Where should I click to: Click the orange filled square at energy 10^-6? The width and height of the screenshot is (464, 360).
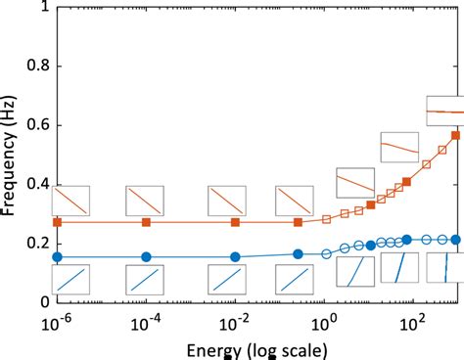coord(57,222)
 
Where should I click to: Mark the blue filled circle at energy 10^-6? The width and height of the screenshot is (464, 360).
coord(57,256)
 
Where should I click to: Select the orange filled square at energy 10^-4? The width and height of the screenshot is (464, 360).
coord(146,222)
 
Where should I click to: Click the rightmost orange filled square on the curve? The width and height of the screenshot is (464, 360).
coord(455,136)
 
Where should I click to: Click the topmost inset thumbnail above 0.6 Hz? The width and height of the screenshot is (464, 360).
coord(445,111)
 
